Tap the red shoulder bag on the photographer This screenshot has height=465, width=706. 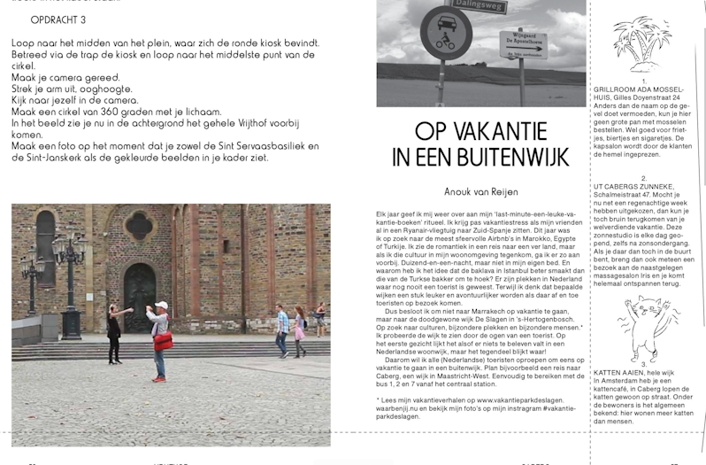163,341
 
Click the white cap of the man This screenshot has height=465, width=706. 161,306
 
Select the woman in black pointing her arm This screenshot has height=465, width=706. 115,332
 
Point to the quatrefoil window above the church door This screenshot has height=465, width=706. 139,226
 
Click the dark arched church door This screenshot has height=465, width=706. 139,298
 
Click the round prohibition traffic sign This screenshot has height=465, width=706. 446,34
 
